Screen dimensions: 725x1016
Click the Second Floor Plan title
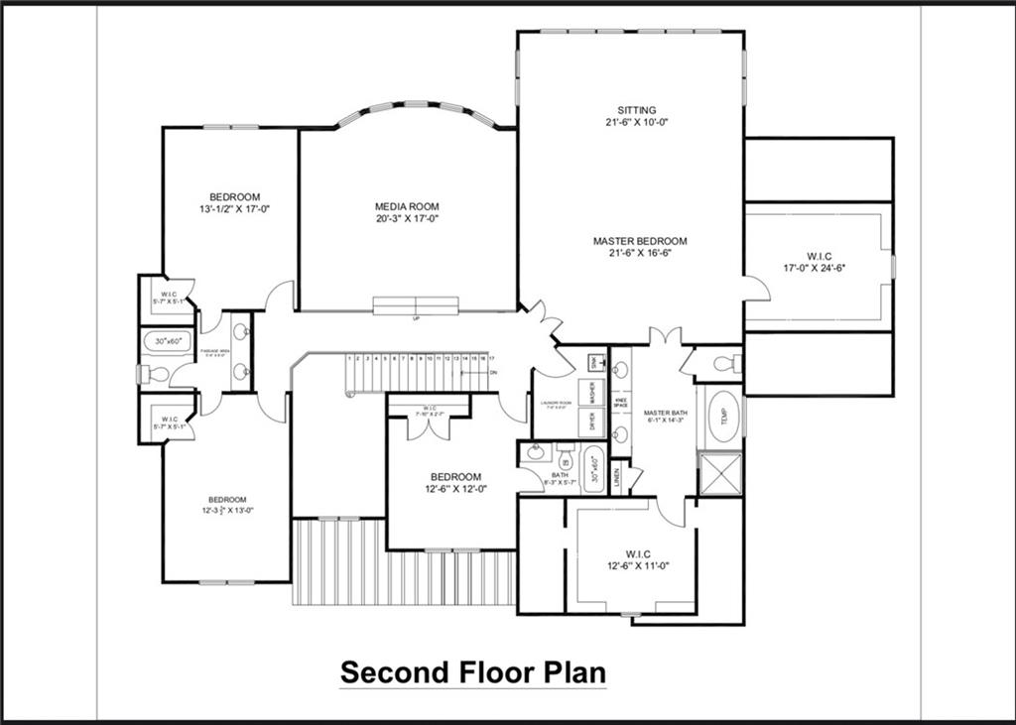coord(472,671)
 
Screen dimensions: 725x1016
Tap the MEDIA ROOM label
coord(407,207)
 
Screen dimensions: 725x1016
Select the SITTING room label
coord(636,110)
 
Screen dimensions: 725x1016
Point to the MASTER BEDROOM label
coord(640,241)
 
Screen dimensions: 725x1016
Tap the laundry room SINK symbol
coord(595,362)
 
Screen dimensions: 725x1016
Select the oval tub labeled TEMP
coord(723,418)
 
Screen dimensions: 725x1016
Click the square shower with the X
coord(720,474)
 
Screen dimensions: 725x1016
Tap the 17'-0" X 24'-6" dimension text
coord(819,267)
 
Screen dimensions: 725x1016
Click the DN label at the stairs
coord(493,372)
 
